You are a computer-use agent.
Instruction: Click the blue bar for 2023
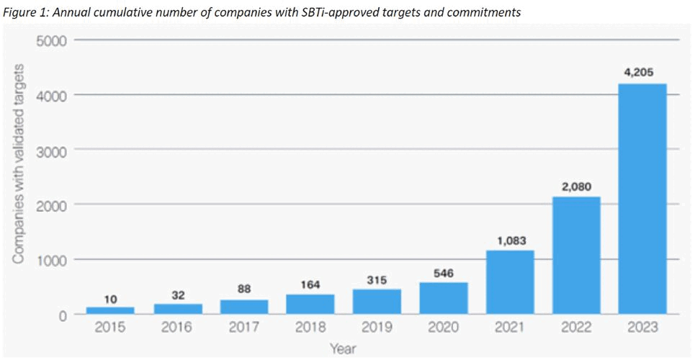tap(643, 199)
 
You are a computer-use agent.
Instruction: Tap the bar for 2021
tap(510, 282)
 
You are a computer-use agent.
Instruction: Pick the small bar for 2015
tap(110, 310)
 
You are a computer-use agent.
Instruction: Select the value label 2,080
tap(576, 186)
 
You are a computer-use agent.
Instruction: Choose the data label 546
tap(443, 272)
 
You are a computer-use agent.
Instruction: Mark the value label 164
tap(310, 284)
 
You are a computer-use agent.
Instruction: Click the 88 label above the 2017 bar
tap(243, 289)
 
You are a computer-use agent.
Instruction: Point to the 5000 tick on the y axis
tap(52, 40)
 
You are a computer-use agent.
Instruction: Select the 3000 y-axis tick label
tap(52, 150)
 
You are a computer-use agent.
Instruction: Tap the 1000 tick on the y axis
tap(52, 260)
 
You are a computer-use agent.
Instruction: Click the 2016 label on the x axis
tap(177, 328)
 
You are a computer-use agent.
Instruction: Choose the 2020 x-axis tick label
tap(443, 328)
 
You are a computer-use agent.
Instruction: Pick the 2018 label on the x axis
tap(310, 328)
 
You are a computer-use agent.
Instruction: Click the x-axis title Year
tap(343, 348)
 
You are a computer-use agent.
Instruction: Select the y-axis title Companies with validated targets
tap(19, 163)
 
